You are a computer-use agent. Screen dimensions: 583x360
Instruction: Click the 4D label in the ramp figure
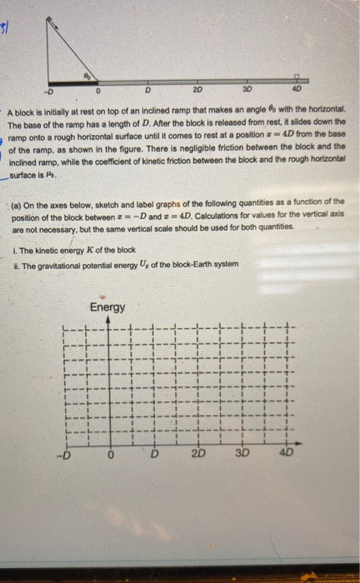tap(297, 89)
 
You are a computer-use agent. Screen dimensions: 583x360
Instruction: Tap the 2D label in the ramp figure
tap(197, 89)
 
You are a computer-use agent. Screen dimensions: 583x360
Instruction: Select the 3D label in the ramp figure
tap(247, 89)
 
